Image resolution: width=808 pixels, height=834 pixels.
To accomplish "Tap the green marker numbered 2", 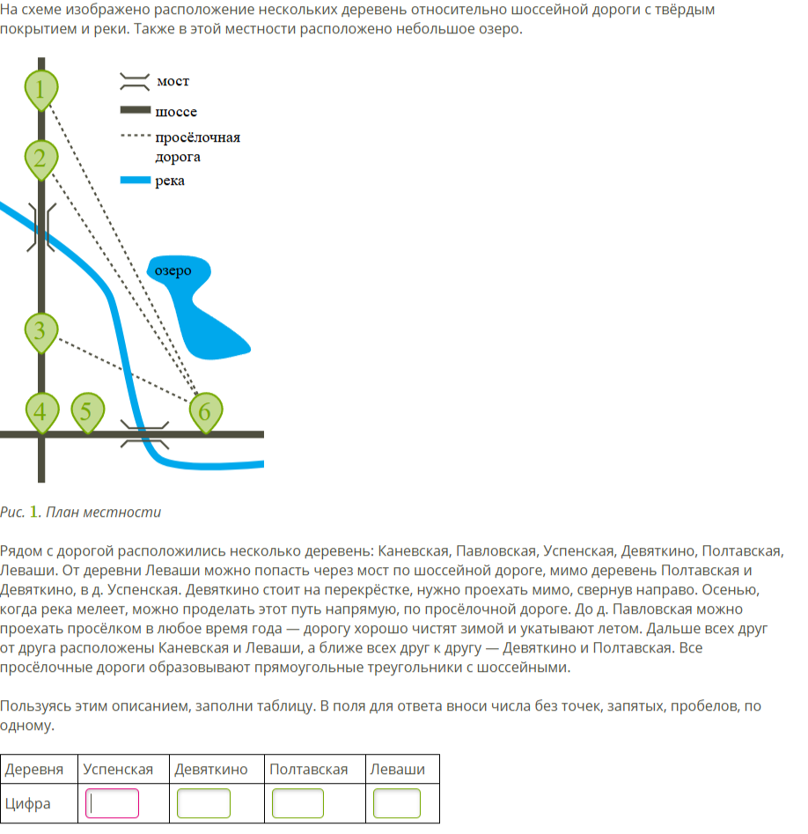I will coord(40,159).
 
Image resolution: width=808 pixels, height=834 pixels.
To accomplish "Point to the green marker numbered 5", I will coord(86,411).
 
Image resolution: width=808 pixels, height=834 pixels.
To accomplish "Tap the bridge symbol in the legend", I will coord(134,81).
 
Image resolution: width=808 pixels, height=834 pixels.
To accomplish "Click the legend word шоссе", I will coord(176,112).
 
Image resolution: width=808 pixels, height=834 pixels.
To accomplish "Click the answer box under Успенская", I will coord(112,803).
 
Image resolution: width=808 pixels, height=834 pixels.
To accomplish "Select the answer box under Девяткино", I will coord(203,803).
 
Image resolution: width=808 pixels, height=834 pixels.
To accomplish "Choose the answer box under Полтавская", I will coord(297,803).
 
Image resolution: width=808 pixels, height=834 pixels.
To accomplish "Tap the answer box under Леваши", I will coord(397,803).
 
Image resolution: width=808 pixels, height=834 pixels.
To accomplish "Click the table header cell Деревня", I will coord(34,769).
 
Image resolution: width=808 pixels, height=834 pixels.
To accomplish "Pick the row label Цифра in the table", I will coord(28,803).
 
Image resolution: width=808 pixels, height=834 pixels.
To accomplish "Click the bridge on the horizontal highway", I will coord(143,433).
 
